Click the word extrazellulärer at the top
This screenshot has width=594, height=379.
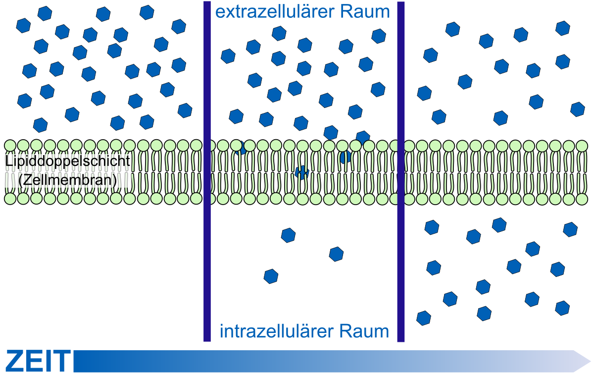tap(276, 12)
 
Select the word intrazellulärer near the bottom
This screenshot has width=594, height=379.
tap(277, 331)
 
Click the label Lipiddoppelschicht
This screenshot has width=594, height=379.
tap(68, 161)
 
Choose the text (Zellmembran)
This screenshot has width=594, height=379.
tap(68, 180)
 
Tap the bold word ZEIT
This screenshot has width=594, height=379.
tap(38, 361)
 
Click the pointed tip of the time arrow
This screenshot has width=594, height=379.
tap(591, 361)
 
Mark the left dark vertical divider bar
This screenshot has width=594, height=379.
tap(207, 171)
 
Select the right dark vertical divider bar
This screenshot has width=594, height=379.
tap(401, 172)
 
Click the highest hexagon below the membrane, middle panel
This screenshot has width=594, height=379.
tap(288, 235)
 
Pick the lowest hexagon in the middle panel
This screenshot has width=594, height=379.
tap(271, 276)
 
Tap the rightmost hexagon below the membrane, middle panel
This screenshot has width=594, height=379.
tap(336, 254)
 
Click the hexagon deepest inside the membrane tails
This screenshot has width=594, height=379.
tap(302, 172)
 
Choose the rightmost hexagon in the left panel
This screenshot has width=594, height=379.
tap(185, 110)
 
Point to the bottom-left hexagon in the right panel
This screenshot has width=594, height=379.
tap(424, 318)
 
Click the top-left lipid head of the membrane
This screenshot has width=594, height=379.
tap(10, 146)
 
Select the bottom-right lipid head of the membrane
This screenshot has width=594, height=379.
tap(582, 199)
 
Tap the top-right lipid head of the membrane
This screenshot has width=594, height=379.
tap(582, 146)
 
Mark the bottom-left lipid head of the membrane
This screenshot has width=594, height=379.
tap(10, 199)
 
